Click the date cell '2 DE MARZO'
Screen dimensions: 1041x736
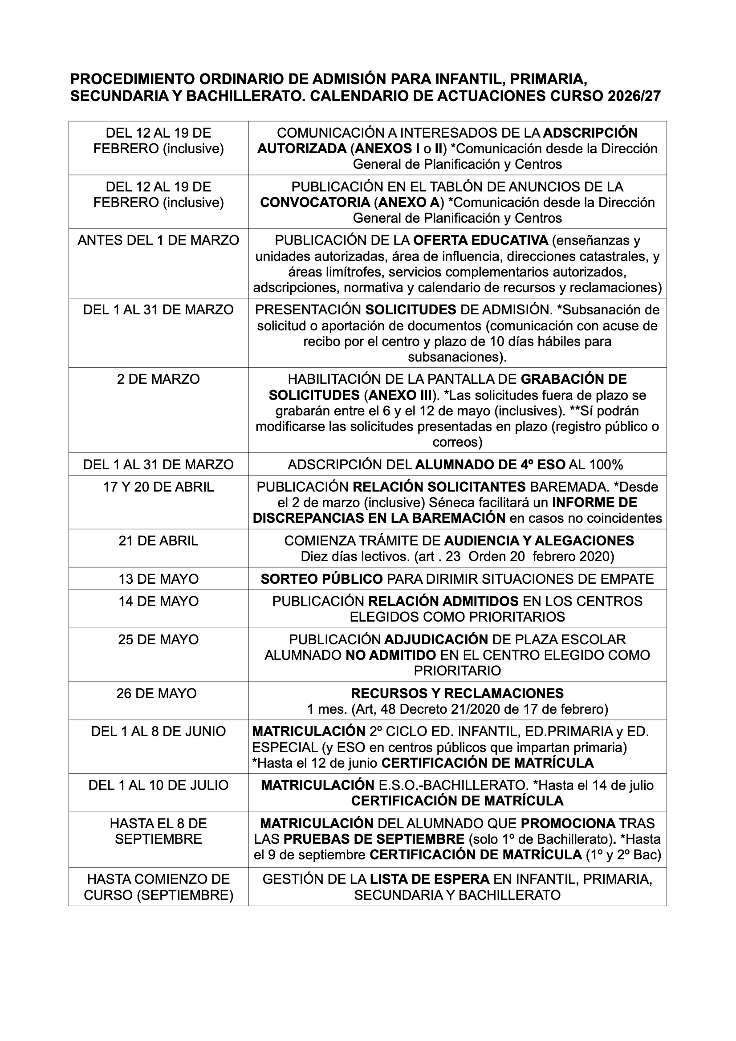click(158, 379)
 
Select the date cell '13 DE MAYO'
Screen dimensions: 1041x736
click(158, 579)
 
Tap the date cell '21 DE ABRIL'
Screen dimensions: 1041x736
click(158, 541)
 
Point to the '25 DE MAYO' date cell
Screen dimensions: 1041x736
click(158, 639)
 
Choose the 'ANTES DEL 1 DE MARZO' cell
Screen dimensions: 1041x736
click(158, 240)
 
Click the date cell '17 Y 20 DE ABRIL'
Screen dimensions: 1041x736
click(158, 487)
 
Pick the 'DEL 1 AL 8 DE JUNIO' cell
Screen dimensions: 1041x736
click(158, 732)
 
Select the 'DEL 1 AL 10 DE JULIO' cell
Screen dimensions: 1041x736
click(158, 785)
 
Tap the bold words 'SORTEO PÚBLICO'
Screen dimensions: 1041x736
click(321, 579)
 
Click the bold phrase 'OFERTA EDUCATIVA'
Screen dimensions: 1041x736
click(481, 240)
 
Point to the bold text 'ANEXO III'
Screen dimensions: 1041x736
click(399, 395)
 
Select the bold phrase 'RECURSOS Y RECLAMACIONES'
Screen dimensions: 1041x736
click(457, 693)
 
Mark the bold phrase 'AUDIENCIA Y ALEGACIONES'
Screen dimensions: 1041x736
click(539, 541)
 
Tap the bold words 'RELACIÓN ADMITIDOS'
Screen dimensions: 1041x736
click(443, 601)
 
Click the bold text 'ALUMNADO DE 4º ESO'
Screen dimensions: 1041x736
click(490, 464)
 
